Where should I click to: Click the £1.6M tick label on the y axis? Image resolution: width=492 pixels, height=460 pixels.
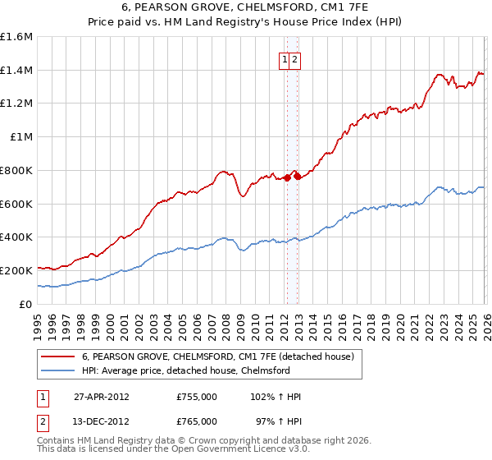pyautogui.click(x=17, y=37)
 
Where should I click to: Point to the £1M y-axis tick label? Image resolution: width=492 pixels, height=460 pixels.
pyautogui.click(x=21, y=137)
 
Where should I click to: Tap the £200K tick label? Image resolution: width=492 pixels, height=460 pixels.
pyautogui.click(x=17, y=270)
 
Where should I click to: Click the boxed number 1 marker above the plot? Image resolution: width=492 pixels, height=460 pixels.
pyautogui.click(x=285, y=59)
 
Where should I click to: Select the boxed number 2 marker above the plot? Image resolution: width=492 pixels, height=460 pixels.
pyautogui.click(x=294, y=59)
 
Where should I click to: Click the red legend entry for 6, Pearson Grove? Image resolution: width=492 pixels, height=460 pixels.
pyautogui.click(x=217, y=356)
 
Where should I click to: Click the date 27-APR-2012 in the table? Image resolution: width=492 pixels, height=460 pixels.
pyautogui.click(x=102, y=397)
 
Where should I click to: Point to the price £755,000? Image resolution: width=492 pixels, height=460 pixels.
pyautogui.click(x=197, y=397)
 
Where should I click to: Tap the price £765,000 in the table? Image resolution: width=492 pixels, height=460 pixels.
pyautogui.click(x=197, y=421)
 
